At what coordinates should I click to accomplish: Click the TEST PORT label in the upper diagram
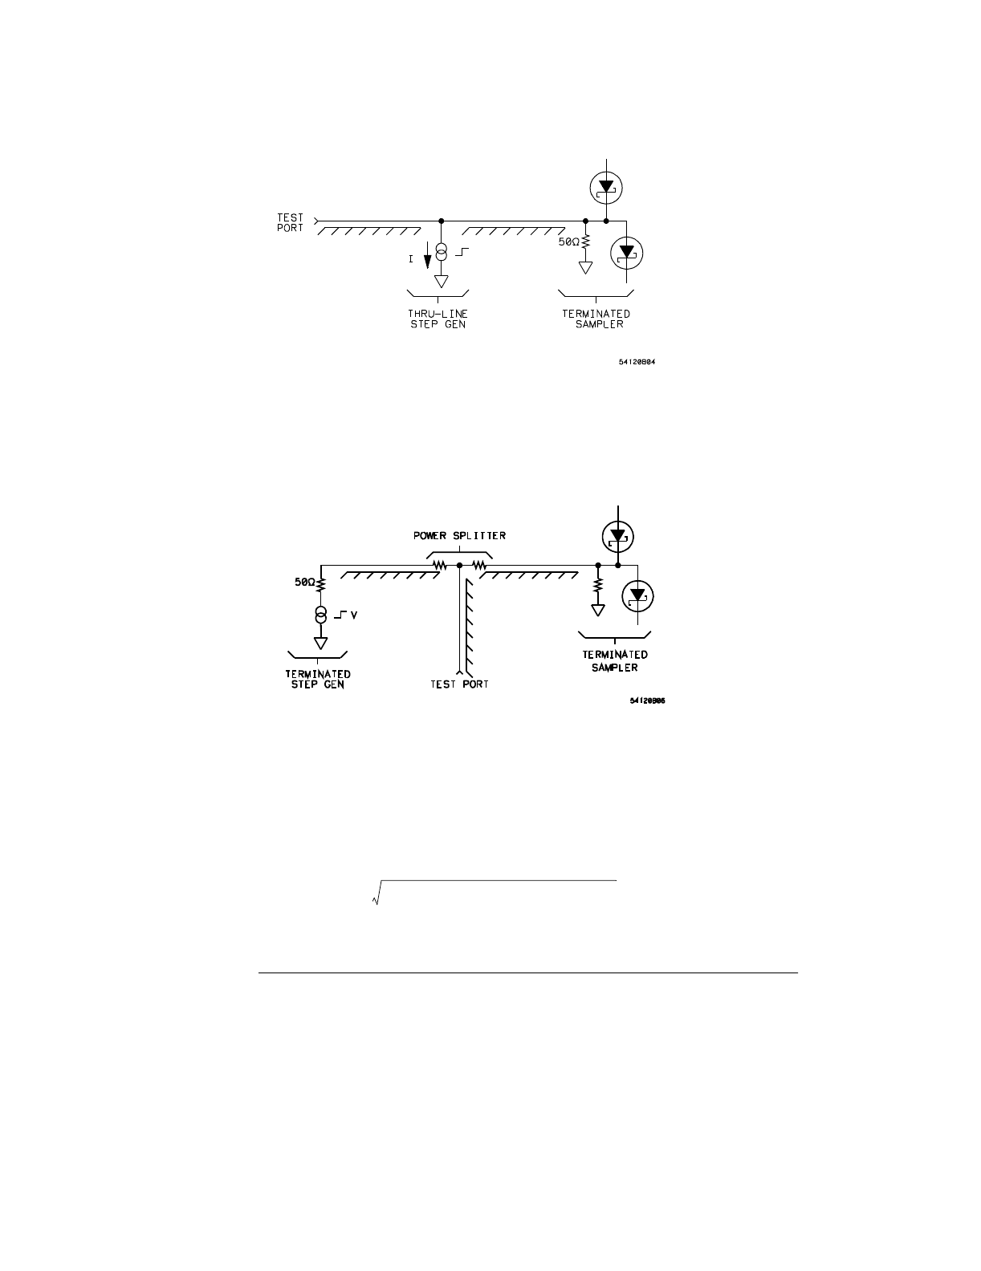pos(291,222)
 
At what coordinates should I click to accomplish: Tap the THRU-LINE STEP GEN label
pos(437,319)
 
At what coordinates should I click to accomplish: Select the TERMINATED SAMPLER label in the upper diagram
pos(596,319)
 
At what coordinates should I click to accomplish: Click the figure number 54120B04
pos(641,361)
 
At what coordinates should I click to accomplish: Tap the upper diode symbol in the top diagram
pos(606,187)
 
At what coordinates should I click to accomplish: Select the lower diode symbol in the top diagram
pos(627,253)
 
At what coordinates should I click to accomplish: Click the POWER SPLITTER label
pos(460,535)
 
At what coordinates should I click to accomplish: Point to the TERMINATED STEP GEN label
pos(318,680)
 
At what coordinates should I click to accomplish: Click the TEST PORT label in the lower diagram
pos(458,684)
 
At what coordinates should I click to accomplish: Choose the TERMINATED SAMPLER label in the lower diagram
pos(616,661)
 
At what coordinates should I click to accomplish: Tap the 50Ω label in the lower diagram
pos(305,583)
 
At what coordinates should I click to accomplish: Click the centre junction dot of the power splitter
pos(459,566)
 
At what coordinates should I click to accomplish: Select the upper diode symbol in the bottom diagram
pos(617,536)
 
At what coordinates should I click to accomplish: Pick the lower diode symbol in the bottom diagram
pos(638,596)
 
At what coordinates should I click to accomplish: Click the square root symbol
pos(376,895)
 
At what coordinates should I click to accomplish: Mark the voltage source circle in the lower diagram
pos(320,615)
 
